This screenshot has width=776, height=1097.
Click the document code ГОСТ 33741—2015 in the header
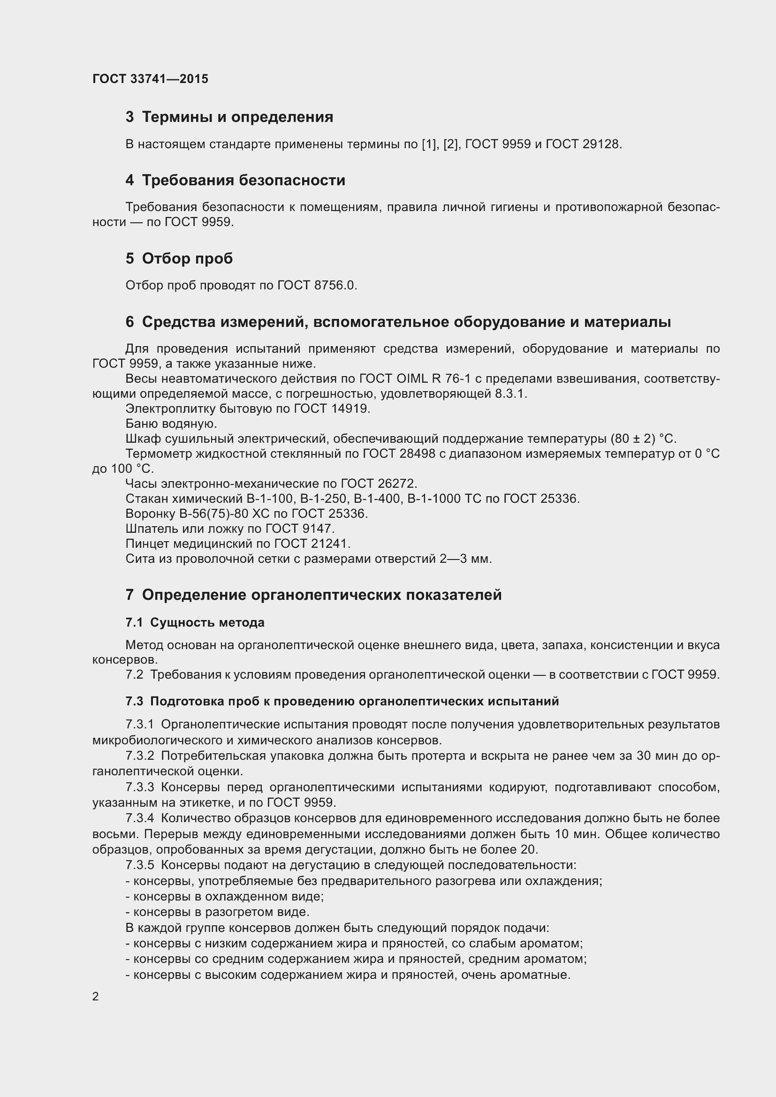point(151,79)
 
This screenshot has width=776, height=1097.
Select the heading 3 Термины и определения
point(229,117)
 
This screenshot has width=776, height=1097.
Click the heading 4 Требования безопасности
point(235,180)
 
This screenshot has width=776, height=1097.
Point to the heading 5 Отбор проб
point(179,258)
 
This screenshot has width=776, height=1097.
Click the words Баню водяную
point(171,424)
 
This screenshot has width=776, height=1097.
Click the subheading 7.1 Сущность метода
point(195,622)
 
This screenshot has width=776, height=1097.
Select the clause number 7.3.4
point(139,818)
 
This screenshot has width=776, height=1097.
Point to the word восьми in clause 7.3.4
point(114,834)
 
